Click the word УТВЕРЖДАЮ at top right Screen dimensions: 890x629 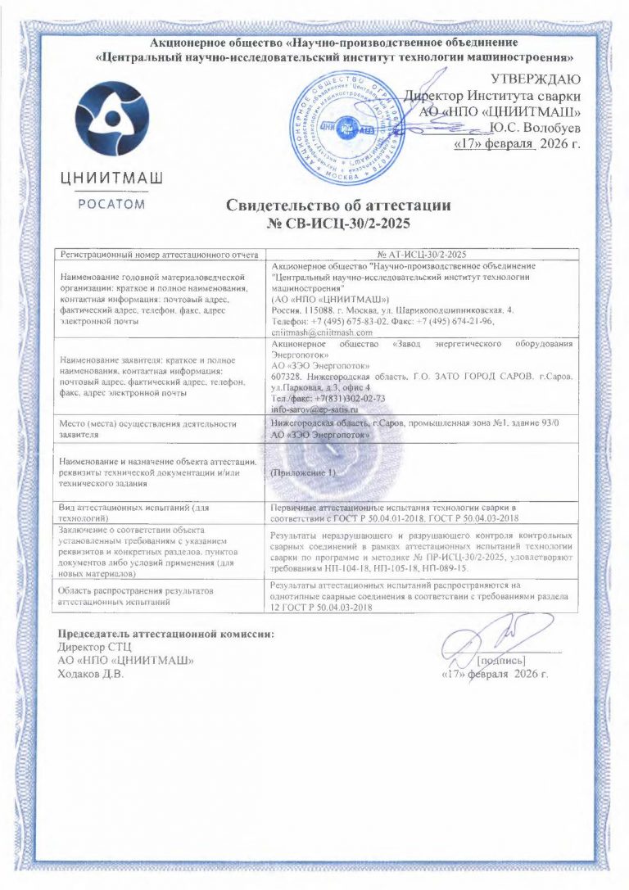[536, 79]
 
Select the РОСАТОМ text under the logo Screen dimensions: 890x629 [112, 205]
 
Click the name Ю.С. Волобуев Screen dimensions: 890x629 [535, 129]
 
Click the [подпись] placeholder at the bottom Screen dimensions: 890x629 [500, 659]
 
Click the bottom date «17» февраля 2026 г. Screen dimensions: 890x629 [494, 675]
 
